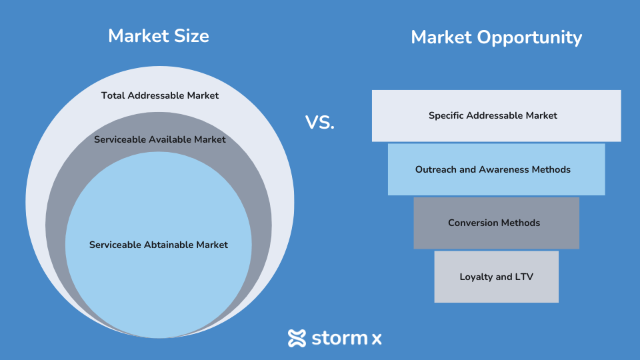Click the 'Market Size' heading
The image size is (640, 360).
pos(159,36)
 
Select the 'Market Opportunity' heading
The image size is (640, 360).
pos(496,37)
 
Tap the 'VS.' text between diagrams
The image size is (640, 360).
pos(320,123)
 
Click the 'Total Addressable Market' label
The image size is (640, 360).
pos(160,95)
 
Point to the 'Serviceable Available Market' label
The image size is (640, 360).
pos(160,139)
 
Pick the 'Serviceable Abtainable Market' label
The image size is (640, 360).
pos(159,245)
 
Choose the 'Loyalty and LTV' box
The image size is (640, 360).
pos(496,277)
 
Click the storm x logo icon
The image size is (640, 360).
pos(297,338)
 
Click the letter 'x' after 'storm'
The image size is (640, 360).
pos(377,339)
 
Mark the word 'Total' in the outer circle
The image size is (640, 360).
pos(113,95)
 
